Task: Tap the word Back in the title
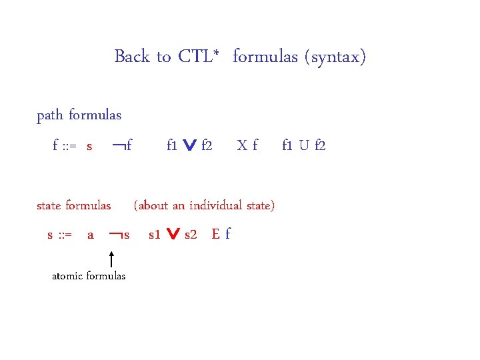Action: click(x=133, y=57)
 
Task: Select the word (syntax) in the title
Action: click(x=335, y=57)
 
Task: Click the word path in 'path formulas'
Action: click(x=49, y=115)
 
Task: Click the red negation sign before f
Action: click(x=118, y=144)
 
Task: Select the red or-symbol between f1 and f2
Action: click(x=189, y=145)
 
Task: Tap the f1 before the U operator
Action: click(x=288, y=145)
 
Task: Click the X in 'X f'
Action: click(x=243, y=145)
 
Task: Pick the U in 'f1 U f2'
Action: click(x=304, y=145)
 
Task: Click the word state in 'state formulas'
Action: click(x=49, y=205)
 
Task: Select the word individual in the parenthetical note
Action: click(x=216, y=205)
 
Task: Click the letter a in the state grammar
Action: click(x=91, y=235)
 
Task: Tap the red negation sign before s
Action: click(x=115, y=234)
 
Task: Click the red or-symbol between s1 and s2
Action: click(x=173, y=235)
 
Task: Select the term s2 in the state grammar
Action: click(x=191, y=235)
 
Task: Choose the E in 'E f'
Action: click(x=215, y=234)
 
